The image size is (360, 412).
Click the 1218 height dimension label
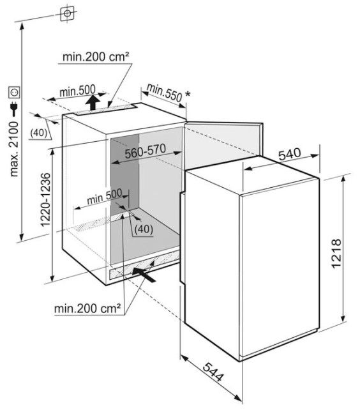pyautogui.click(x=336, y=253)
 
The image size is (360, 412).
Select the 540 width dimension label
pyautogui.click(x=289, y=154)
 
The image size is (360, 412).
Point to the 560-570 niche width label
pyautogui.click(x=145, y=151)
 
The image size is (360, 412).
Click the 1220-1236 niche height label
pyautogui.click(x=45, y=199)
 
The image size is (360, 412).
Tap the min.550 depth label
pyautogui.click(x=165, y=93)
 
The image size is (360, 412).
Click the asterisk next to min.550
pyautogui.click(x=188, y=93)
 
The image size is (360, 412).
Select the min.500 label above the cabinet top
pyautogui.click(x=77, y=91)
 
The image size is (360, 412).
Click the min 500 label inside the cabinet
pyautogui.click(x=105, y=197)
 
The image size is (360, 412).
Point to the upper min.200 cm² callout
pyautogui.click(x=96, y=56)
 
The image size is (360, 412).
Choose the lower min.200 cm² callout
pyautogui.click(x=87, y=309)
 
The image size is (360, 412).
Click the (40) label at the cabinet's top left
pyautogui.click(x=38, y=133)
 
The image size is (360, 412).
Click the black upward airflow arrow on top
pyautogui.click(x=92, y=103)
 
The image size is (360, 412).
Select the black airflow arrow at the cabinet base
pyautogui.click(x=144, y=274)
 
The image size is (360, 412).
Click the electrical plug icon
pyautogui.click(x=13, y=109)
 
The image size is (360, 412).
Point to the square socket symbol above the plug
pyautogui.click(x=14, y=92)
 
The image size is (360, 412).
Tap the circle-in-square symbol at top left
pyautogui.click(x=67, y=13)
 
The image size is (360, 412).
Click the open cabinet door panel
pyautogui.click(x=223, y=145)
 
